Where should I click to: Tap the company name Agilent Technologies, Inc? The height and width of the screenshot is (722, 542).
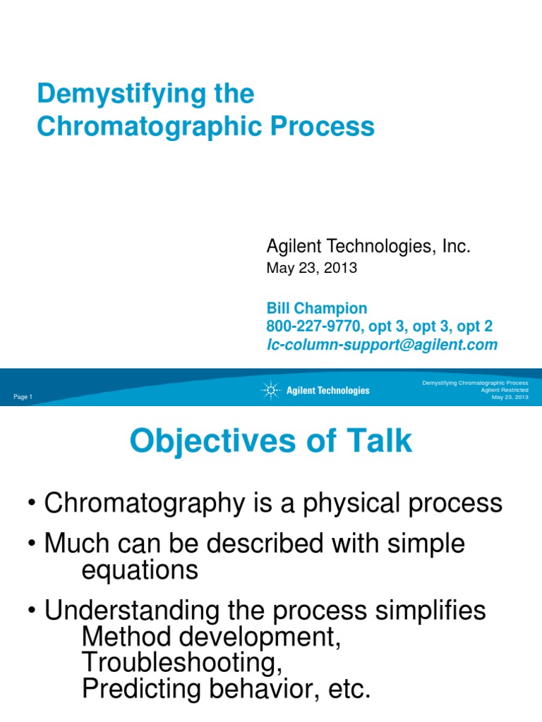pos(368,246)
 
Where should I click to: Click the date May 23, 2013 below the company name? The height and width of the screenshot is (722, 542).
pos(311,268)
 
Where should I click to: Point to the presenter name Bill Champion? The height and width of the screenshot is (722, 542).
pos(316,308)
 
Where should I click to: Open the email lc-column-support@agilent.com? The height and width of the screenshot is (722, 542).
pos(381,345)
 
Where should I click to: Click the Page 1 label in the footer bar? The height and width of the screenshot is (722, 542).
pos(23,398)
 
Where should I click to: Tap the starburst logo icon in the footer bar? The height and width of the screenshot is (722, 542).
pos(270,390)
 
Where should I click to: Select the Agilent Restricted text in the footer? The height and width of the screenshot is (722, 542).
pos(504,390)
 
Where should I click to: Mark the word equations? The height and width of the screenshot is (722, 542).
pos(140,570)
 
